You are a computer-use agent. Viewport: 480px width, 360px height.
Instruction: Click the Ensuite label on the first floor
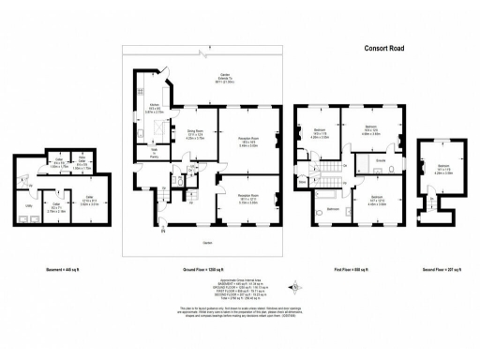pos(381,161)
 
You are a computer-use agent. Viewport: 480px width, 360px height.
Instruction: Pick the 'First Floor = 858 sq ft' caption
pos(352,270)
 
